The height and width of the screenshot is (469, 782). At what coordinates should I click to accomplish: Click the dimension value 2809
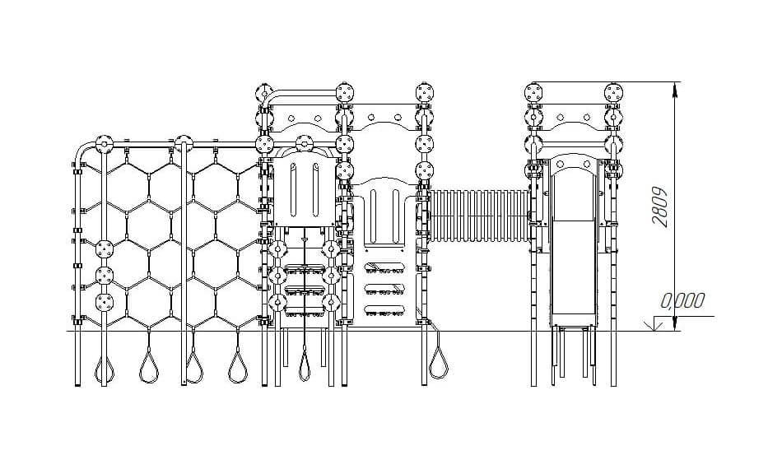(660, 207)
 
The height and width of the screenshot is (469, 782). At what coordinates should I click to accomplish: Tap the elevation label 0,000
(682, 300)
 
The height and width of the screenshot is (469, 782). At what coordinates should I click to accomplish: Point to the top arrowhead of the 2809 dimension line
(675, 90)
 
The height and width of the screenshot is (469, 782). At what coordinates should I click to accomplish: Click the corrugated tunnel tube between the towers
(479, 216)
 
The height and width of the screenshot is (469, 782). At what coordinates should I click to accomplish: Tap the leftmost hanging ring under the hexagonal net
(105, 368)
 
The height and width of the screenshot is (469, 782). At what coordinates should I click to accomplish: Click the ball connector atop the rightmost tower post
(613, 92)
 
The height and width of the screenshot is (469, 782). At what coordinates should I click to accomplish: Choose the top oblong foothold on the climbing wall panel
(384, 267)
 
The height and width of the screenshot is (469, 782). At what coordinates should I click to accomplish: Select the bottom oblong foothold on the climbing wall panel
(384, 310)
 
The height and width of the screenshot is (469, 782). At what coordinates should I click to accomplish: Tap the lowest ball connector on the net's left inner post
(105, 302)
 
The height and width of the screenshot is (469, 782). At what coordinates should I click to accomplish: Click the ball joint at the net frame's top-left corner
(104, 145)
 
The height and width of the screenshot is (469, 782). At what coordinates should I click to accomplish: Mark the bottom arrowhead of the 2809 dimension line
(675, 323)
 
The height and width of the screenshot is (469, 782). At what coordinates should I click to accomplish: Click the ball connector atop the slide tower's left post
(533, 92)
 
